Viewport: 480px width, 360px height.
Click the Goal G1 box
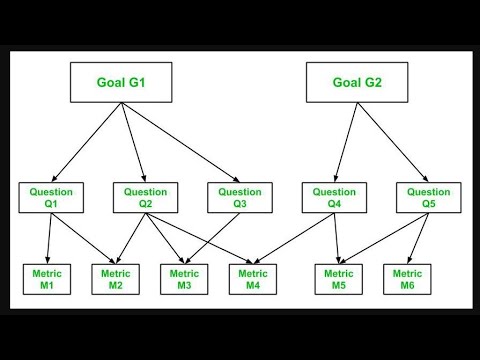122,82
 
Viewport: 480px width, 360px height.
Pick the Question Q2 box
146,198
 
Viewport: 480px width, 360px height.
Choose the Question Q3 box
241,198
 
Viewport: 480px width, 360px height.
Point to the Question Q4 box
334,198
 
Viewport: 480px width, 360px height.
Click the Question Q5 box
428,198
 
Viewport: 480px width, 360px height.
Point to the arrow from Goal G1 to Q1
85,143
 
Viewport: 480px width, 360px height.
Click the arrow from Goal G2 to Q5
395,143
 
